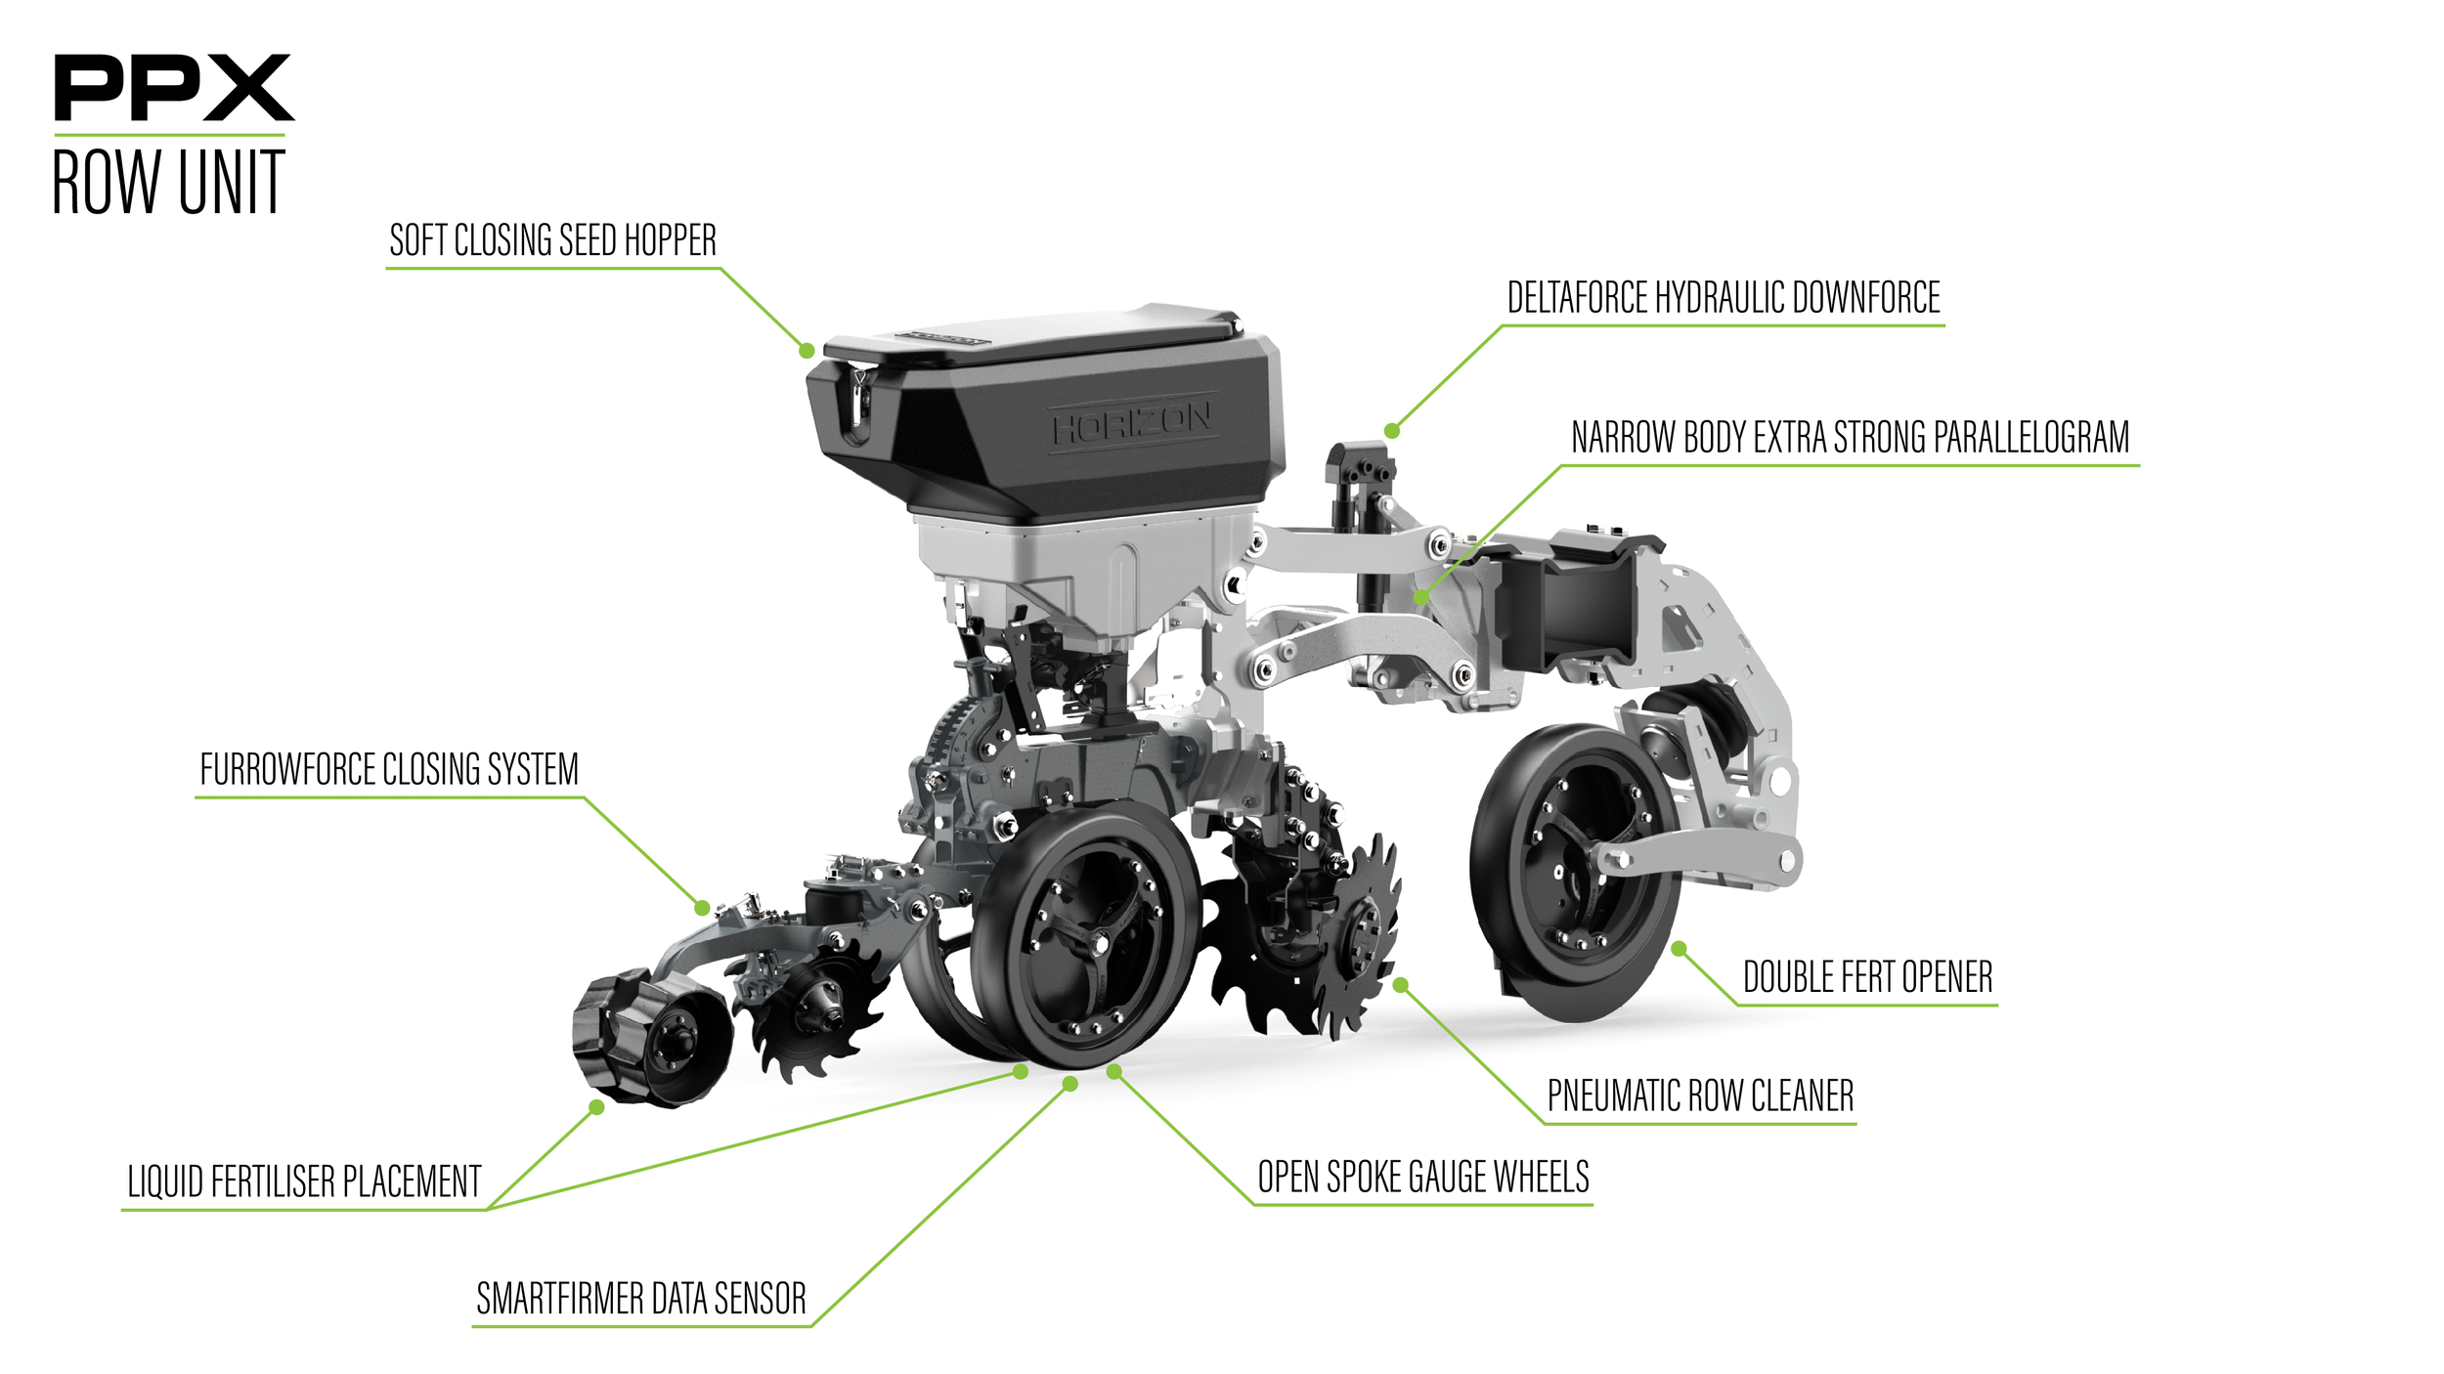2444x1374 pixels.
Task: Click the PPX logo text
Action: coord(173,88)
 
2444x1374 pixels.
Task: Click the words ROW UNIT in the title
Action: coord(168,183)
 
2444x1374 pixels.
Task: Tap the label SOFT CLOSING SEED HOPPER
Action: coord(552,240)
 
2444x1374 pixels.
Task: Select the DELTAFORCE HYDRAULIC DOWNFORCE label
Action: coord(1723,298)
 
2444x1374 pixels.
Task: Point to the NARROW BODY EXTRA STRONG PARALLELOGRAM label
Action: coord(1849,438)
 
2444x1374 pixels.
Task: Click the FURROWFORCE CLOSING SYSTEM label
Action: coord(389,770)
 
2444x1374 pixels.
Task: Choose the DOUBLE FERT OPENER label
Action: coord(1867,977)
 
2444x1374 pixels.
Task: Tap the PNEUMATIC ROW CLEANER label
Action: coord(1700,1095)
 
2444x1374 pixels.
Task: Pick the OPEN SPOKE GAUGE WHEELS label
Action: coord(1422,1177)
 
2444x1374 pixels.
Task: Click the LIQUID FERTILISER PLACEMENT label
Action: coord(304,1182)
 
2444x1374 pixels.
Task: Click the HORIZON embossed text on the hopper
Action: coord(1132,423)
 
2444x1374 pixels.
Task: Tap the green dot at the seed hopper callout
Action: coord(807,351)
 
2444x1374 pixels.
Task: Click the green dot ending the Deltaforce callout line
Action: coord(1392,431)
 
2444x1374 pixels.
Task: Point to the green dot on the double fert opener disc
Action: coord(1679,949)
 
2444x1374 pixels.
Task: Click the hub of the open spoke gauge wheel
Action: coord(1099,944)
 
